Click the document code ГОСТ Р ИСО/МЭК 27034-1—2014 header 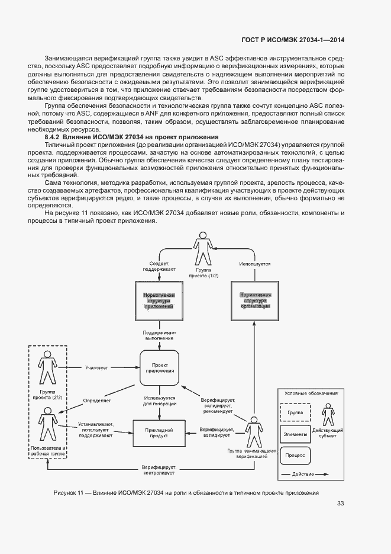click(295, 40)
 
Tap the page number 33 click(341, 504)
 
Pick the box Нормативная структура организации click(254, 300)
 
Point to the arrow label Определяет click(97, 401)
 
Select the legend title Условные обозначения click(311, 393)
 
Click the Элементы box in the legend click(295, 434)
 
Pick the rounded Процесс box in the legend click(295, 455)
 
